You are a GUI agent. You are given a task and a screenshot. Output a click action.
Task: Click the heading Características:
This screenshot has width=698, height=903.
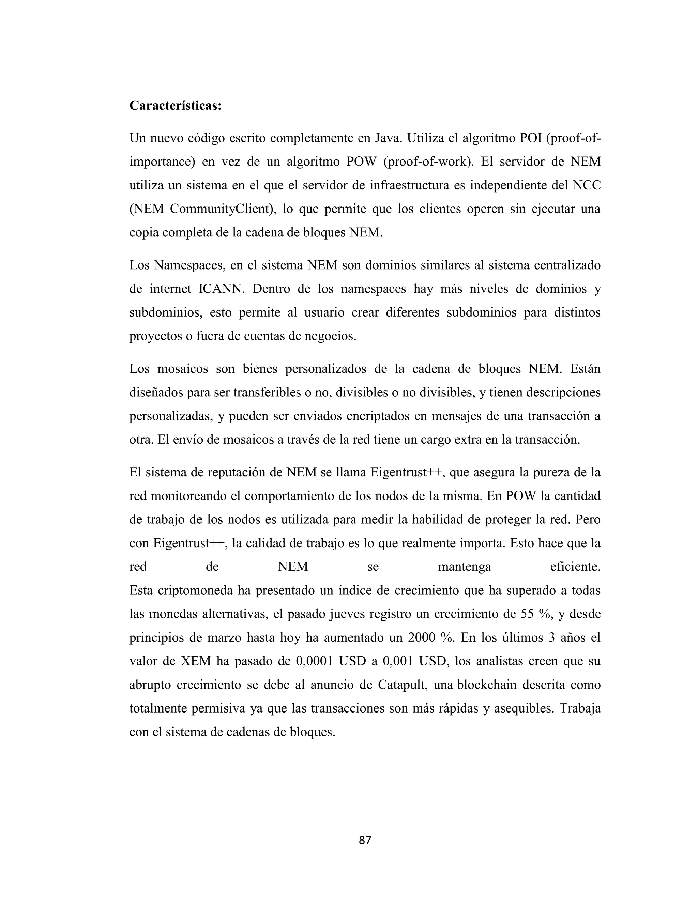175,106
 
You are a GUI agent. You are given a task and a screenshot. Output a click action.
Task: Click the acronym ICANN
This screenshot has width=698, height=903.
222,289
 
